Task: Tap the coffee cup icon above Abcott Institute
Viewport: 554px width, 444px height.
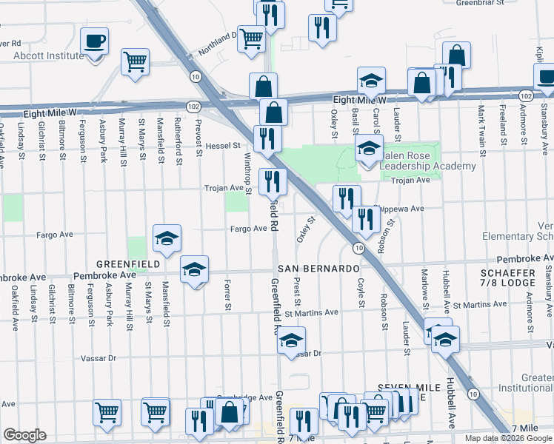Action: pos(95,41)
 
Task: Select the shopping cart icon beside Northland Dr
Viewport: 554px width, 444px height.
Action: pos(252,38)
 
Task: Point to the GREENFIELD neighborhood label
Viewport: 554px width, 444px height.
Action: pos(127,264)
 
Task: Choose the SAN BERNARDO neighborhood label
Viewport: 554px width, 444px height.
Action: pos(319,268)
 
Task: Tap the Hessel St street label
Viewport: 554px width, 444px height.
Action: pos(224,146)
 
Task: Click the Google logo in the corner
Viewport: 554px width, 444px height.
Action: pos(24,435)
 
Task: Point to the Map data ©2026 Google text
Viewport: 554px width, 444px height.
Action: pos(508,438)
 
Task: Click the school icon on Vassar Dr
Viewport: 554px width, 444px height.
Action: pos(292,341)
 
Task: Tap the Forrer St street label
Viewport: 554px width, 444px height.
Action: pos(227,295)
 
